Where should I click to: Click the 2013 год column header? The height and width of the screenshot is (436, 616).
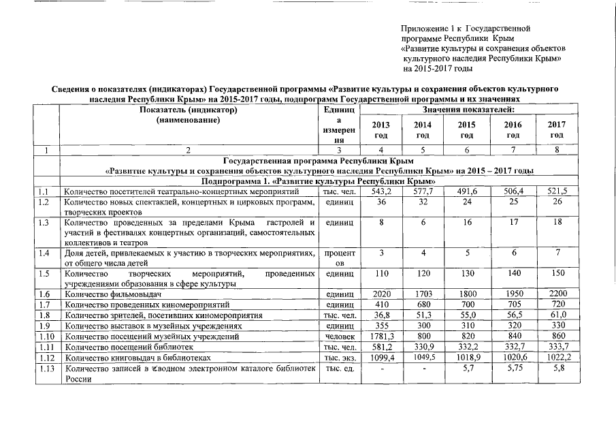(x=381, y=129)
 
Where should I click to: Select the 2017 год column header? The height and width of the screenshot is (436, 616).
(x=557, y=129)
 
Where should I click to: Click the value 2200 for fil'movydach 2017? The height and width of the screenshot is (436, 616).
(x=557, y=293)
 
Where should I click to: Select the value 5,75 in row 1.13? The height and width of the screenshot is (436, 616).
(x=513, y=369)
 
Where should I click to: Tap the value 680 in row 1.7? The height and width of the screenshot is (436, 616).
(x=423, y=304)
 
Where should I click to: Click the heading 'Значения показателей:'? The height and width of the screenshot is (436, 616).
(x=468, y=110)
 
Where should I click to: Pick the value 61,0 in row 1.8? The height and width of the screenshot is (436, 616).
(x=557, y=315)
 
